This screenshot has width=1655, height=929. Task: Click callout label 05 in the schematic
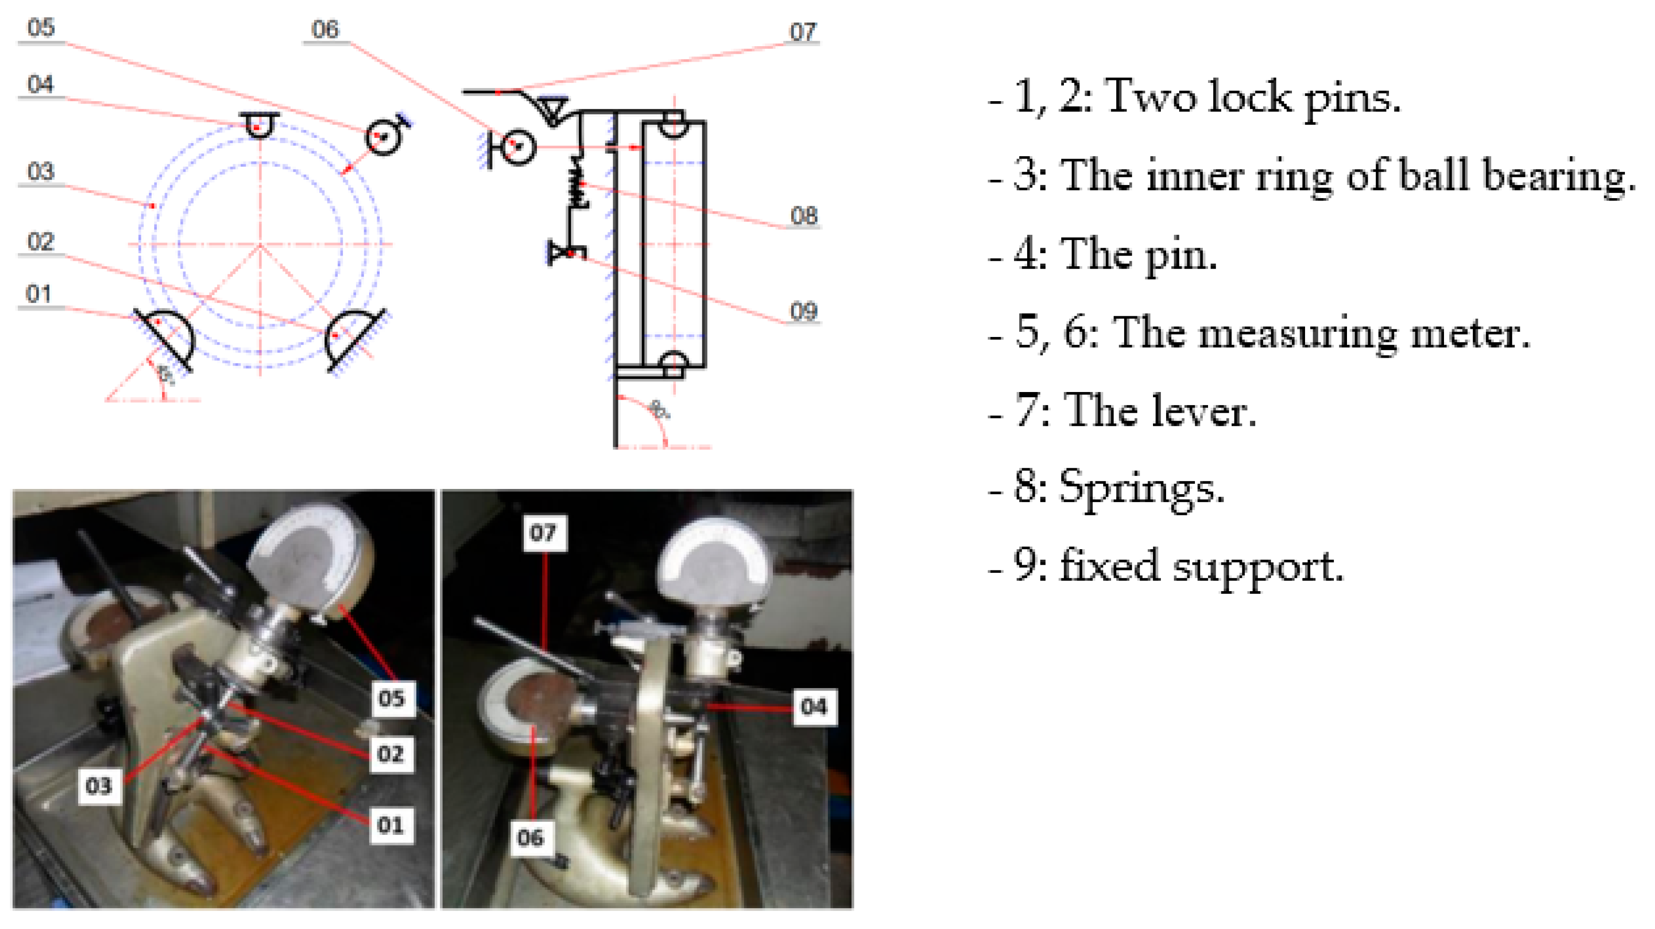(41, 28)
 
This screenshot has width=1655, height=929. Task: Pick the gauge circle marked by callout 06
(517, 146)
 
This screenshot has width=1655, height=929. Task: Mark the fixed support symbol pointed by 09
(565, 252)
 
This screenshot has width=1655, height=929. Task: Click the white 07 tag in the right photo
(544, 532)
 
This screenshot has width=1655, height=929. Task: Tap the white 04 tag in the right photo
(814, 707)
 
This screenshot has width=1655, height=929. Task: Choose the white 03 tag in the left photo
(99, 785)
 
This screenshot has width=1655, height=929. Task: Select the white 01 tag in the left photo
(390, 825)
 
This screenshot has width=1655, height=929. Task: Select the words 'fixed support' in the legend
(1201, 566)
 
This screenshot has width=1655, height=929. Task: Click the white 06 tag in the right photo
(531, 837)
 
